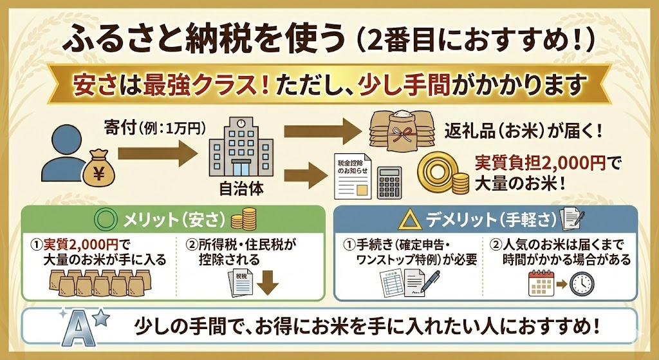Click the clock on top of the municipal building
[239, 122]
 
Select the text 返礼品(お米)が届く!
[523, 132]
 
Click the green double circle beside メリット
[104, 220]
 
